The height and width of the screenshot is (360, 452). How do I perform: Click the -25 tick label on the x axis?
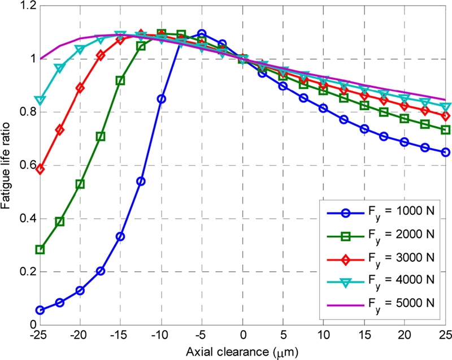pos(40,335)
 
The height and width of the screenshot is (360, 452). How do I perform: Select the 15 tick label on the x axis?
pos(365,335)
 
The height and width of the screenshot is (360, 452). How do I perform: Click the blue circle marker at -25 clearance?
pos(40,310)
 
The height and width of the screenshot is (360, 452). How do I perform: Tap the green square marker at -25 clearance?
pos(40,249)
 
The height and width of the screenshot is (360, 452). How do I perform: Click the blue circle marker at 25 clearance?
pos(446,152)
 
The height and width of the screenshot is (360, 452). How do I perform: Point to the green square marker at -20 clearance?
pos(80,184)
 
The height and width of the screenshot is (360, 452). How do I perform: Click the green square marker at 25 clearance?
pos(446,130)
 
